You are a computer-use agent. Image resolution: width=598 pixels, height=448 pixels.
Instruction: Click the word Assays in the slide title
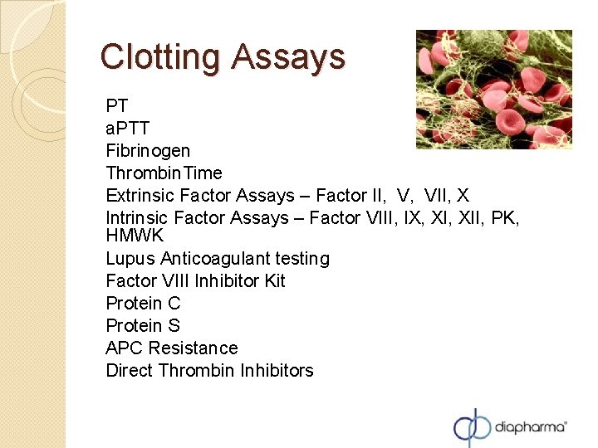[x=288, y=56]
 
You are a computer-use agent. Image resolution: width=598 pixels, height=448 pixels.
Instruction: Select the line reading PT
[x=117, y=106]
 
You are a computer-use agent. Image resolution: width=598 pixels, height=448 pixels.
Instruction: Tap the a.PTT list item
[x=128, y=129]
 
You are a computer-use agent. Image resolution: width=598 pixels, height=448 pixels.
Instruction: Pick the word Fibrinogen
[x=148, y=151]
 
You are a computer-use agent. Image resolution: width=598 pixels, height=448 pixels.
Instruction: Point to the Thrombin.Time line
[x=164, y=173]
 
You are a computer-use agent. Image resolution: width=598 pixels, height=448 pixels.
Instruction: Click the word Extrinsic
[x=140, y=196]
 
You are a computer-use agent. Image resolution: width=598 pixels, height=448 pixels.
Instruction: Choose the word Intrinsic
[x=138, y=217]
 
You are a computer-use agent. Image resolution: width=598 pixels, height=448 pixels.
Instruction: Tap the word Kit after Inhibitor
[x=274, y=281]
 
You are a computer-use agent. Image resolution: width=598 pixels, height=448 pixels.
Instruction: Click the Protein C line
[x=143, y=304]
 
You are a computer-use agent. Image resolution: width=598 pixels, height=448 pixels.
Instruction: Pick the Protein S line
[x=143, y=326]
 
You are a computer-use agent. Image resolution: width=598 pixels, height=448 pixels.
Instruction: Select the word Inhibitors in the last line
[x=277, y=371]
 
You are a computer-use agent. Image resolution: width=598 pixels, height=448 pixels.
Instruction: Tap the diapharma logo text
[x=530, y=426]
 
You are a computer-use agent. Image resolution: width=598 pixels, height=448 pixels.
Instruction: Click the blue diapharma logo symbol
[x=473, y=426]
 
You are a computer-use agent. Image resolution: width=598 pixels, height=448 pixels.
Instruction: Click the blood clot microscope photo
[x=493, y=90]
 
